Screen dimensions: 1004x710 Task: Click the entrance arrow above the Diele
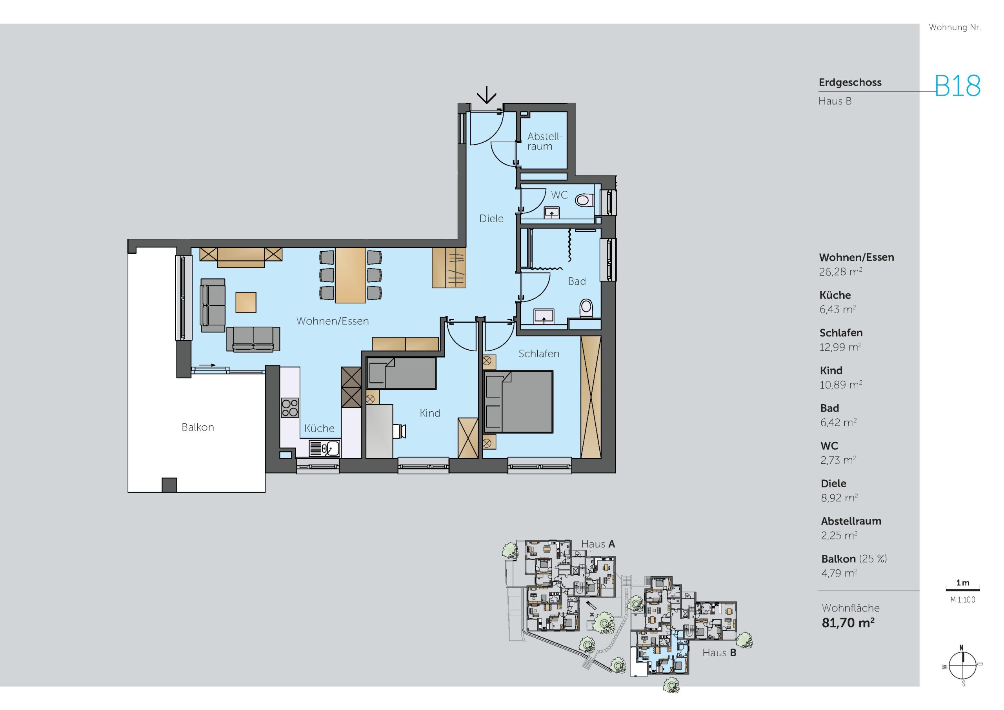486,95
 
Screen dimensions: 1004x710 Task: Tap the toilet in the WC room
584,200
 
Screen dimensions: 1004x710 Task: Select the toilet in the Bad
586,308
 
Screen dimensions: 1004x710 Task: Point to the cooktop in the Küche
289,407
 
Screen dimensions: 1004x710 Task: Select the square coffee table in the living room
246,302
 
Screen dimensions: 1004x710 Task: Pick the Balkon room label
198,427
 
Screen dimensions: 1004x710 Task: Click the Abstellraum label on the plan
544,141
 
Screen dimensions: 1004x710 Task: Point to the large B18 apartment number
958,86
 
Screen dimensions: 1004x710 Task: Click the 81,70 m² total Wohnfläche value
848,623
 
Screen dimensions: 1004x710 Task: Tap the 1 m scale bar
963,589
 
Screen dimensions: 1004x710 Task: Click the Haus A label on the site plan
598,544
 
